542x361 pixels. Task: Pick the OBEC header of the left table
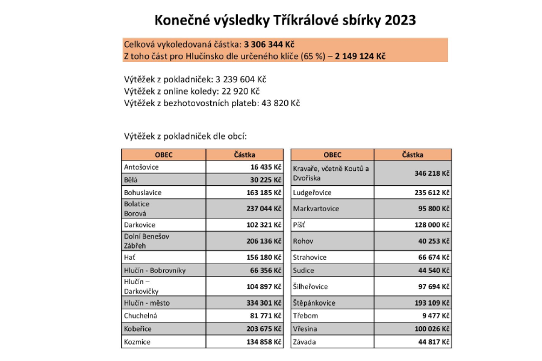[x=163, y=155]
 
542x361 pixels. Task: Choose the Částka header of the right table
[x=413, y=155]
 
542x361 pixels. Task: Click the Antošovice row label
[x=142, y=167]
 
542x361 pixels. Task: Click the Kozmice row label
[x=137, y=342]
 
